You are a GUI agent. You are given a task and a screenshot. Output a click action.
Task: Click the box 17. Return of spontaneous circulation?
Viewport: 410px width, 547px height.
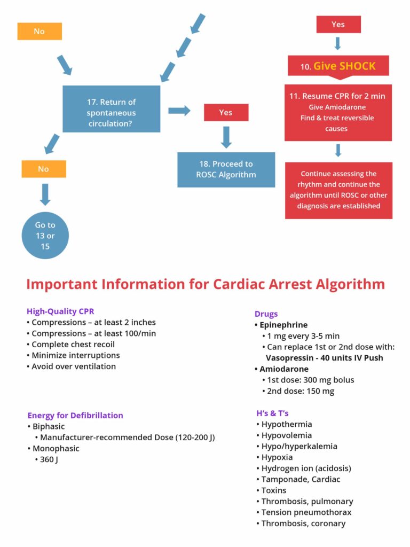coord(111,108)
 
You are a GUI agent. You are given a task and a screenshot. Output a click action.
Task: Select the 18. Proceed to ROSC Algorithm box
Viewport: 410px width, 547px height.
coord(226,169)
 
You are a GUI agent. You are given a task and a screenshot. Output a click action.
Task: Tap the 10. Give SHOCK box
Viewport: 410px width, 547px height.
coord(338,66)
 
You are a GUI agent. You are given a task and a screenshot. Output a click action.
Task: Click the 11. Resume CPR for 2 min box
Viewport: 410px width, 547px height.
coord(338,112)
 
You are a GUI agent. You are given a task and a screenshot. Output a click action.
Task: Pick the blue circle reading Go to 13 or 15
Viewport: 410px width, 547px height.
coord(45,235)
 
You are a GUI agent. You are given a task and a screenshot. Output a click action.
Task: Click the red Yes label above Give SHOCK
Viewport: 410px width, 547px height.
coord(338,25)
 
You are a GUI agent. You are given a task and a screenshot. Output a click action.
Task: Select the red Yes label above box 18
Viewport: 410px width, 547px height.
coord(226,113)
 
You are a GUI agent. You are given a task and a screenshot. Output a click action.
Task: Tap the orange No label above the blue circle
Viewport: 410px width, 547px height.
coord(43,169)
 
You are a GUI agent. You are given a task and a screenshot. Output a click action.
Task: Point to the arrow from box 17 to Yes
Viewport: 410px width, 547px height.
coord(179,111)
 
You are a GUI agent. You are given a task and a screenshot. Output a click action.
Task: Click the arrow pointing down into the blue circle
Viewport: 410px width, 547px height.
coord(45,194)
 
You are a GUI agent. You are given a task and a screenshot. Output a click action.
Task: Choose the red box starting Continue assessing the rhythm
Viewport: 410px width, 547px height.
coord(338,190)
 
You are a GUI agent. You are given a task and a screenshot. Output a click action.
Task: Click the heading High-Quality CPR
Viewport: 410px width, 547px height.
coord(60,311)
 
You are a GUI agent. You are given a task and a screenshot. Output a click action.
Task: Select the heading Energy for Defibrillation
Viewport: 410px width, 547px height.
coord(75,415)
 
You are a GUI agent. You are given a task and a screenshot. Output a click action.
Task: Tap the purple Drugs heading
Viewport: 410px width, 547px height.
coord(266,314)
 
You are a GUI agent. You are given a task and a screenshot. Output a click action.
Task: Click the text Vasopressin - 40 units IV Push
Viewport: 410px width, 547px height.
coord(324,358)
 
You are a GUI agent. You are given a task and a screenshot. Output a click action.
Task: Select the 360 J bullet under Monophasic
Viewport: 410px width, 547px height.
coord(48,459)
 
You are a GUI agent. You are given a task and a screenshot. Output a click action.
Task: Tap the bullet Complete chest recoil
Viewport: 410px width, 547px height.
coord(73,345)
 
